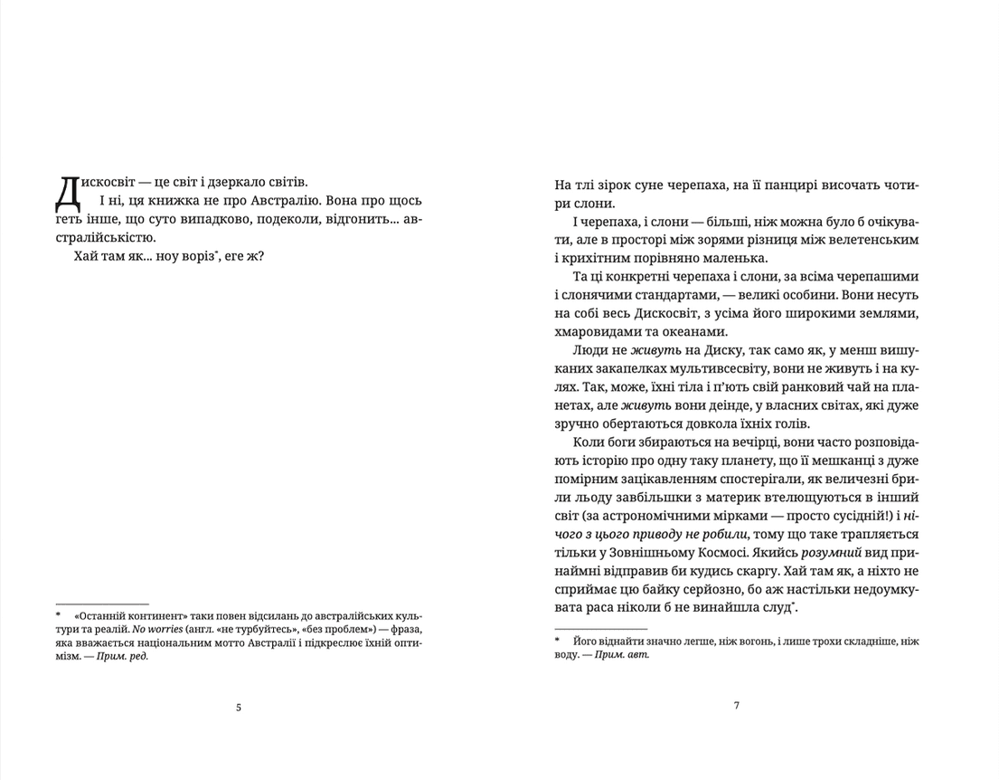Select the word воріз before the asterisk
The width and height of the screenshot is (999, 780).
click(x=215, y=257)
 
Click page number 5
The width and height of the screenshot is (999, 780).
click(x=239, y=708)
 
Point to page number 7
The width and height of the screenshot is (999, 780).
click(x=737, y=706)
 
